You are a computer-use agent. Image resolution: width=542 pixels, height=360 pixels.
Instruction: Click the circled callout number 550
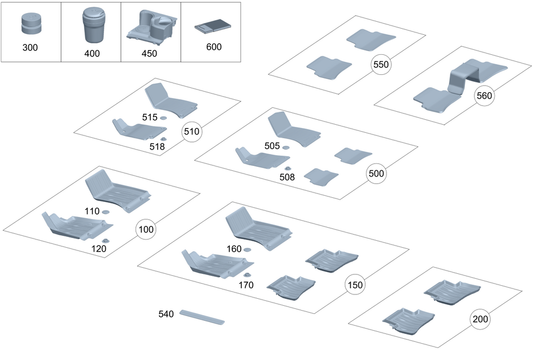[381, 65]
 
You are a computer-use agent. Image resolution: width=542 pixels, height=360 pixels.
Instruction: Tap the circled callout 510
[191, 131]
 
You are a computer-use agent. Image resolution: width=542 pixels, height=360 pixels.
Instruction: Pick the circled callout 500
[376, 174]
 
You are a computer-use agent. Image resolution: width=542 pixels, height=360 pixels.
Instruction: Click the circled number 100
[145, 229]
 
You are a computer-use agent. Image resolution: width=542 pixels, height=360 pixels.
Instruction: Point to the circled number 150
[355, 285]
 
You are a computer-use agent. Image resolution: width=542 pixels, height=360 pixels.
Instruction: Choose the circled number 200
[480, 319]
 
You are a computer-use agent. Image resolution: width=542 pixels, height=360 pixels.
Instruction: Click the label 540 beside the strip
[166, 314]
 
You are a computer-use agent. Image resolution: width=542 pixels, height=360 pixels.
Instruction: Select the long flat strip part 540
[202, 317]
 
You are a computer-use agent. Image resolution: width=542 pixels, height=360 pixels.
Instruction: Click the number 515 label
[149, 118]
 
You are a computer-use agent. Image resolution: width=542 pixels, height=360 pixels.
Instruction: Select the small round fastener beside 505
[286, 147]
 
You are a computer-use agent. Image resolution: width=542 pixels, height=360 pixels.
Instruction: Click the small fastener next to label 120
[105, 241]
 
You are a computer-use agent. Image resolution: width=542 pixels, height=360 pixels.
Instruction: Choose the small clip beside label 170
[247, 276]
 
